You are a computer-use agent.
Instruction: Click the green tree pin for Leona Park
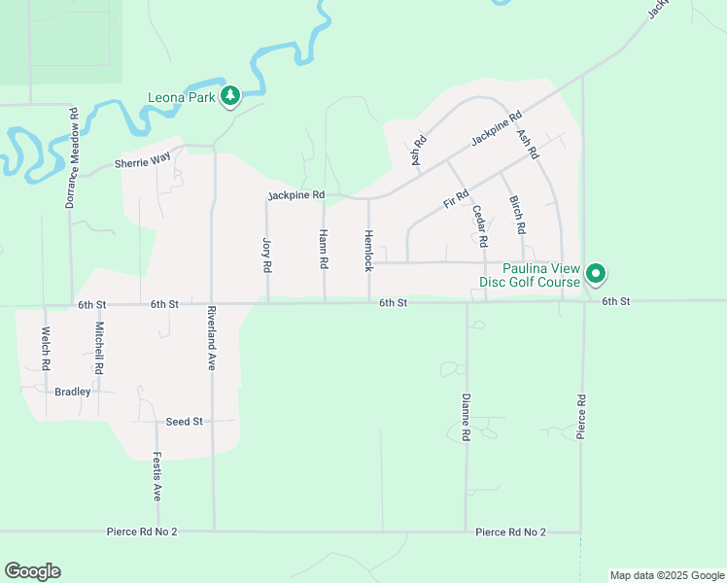230,95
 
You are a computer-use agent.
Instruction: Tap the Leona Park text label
182,97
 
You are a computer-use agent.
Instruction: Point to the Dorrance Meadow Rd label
72,158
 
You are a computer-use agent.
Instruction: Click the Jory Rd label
265,254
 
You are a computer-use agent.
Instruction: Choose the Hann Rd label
323,250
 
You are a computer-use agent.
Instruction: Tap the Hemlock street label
368,250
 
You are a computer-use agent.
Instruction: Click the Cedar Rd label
478,224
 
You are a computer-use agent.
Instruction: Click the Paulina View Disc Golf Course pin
598,275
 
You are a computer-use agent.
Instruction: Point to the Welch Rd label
45,348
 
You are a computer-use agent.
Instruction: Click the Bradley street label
72,392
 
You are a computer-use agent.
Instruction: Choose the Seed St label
184,421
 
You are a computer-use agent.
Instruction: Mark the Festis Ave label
156,477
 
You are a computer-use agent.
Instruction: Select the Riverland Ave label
211,339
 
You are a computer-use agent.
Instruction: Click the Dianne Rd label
467,419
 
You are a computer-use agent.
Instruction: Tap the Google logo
32,571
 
